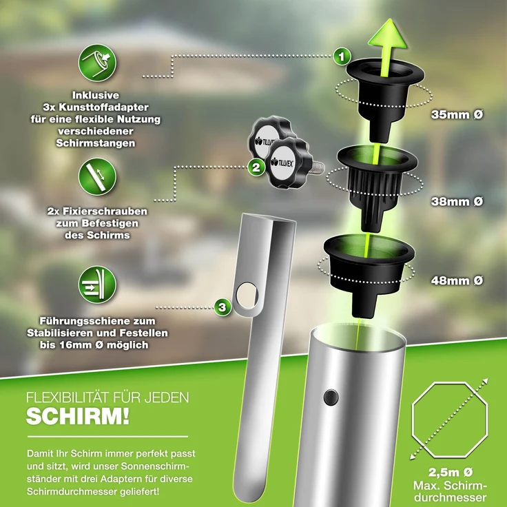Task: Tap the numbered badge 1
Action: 340,56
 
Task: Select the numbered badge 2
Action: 256,166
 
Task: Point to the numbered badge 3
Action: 222,305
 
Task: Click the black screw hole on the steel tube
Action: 331,398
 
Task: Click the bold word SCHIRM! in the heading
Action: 76,417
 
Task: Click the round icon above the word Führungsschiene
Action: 97,287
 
